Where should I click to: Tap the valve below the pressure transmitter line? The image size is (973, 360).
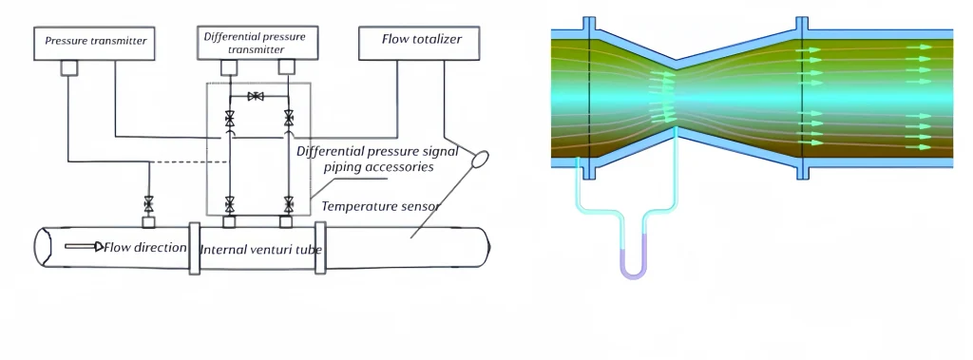(x=148, y=203)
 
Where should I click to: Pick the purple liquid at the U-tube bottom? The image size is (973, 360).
(x=632, y=269)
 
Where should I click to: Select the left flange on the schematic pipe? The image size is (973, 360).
(x=195, y=249)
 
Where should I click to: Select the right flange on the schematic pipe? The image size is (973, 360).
(x=320, y=249)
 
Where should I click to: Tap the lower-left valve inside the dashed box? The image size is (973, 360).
(x=229, y=203)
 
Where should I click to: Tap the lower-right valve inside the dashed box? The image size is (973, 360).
(x=288, y=203)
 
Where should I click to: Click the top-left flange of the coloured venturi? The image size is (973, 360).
(x=590, y=27)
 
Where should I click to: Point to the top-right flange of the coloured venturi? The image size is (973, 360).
(x=802, y=27)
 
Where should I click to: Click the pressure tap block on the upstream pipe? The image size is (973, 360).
(x=148, y=222)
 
